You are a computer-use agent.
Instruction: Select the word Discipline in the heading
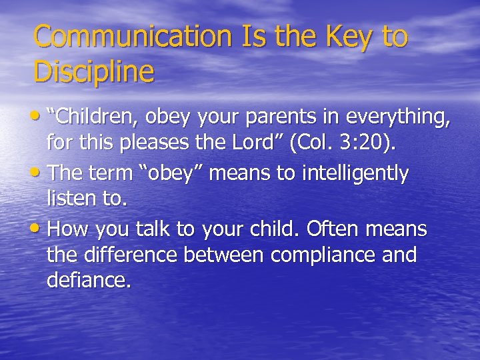pos(93,71)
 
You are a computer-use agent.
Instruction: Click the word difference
pos(137,255)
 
